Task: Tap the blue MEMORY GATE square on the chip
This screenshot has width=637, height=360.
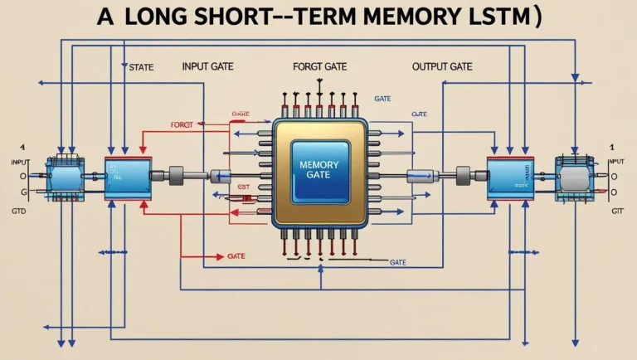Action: [x=319, y=170]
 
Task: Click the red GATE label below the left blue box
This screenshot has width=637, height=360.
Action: [x=236, y=257]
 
